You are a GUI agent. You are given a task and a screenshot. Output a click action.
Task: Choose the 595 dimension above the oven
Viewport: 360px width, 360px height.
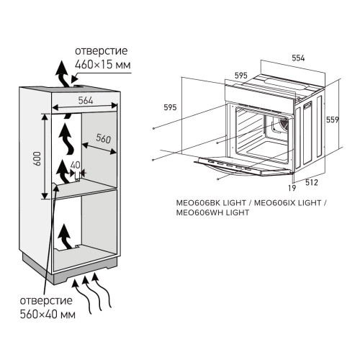(x=241, y=74)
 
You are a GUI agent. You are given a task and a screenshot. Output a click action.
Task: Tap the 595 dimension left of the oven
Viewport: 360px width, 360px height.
(x=170, y=107)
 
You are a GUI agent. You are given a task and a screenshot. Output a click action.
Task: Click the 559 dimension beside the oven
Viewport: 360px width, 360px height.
(x=331, y=120)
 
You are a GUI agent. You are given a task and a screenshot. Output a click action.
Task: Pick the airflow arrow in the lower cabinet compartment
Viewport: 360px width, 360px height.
(x=66, y=236)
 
